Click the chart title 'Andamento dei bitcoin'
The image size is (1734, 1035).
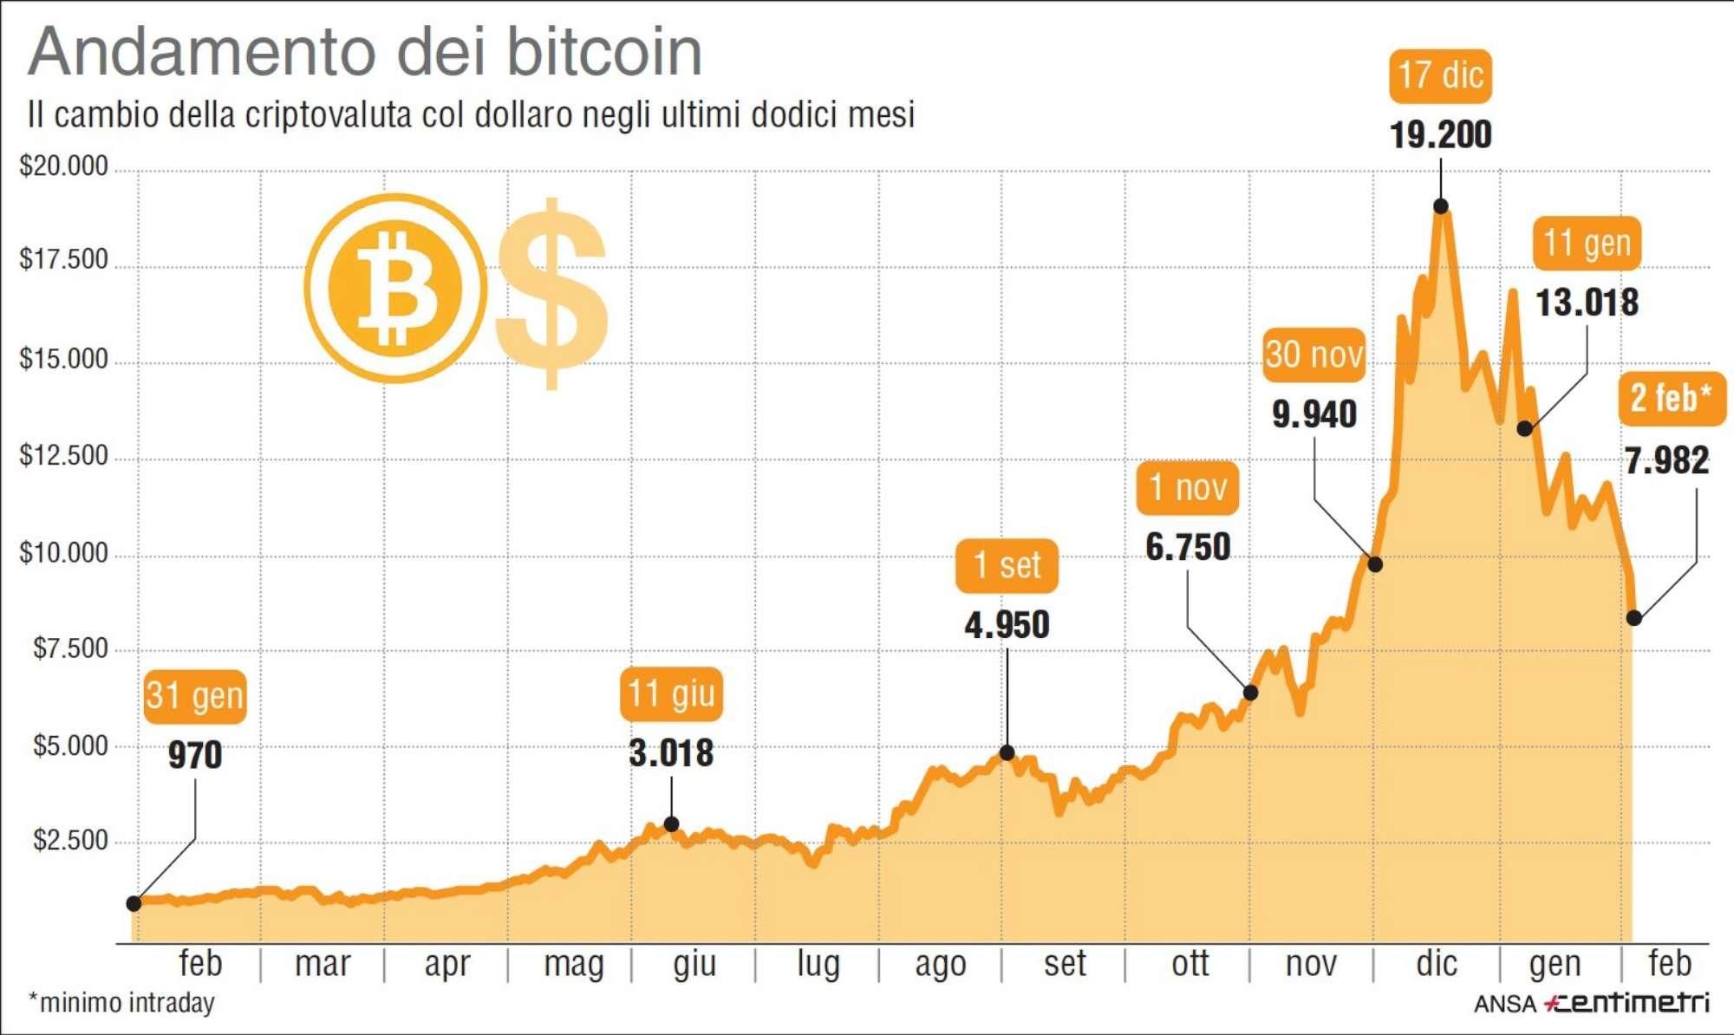click(365, 52)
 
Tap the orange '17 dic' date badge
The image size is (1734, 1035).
click(1440, 75)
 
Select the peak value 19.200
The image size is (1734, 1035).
click(1440, 134)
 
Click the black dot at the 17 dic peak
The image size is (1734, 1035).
click(1440, 206)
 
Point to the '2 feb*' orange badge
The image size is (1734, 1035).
click(1671, 399)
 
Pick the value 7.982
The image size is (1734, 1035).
click(1666, 460)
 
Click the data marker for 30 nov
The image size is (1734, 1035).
click(1375, 564)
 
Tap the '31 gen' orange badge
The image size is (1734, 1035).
click(195, 696)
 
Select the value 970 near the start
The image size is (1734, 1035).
click(195, 755)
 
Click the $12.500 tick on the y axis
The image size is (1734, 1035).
click(64, 456)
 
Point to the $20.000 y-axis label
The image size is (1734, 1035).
click(64, 166)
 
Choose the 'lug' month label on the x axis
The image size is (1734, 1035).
click(818, 964)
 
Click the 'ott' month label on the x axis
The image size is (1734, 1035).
click(1190, 964)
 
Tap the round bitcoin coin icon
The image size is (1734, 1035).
click(395, 288)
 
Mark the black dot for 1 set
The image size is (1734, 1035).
click(1007, 752)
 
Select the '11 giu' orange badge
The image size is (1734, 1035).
click(671, 694)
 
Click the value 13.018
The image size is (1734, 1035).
click(1587, 303)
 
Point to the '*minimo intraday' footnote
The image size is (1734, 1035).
click(121, 1003)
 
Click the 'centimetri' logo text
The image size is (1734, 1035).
click(1630, 1003)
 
